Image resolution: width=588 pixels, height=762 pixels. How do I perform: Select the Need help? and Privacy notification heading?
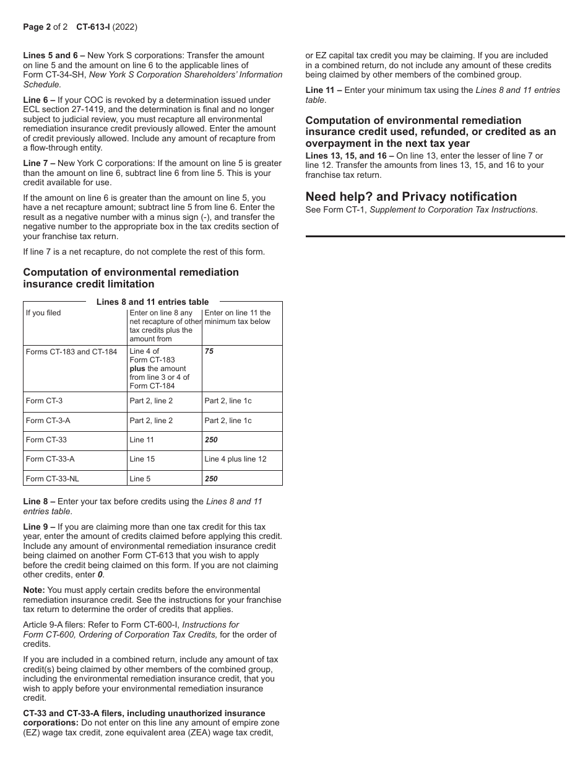(411, 196)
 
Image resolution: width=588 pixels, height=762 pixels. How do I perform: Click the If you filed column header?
(43, 313)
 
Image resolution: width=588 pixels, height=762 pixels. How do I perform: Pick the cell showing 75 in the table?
(209, 351)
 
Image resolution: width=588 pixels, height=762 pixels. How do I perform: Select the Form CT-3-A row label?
(48, 421)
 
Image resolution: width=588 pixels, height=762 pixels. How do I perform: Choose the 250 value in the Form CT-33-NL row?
(211, 479)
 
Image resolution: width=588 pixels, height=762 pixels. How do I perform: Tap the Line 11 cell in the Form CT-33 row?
(142, 440)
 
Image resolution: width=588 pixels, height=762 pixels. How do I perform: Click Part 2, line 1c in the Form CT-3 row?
(228, 401)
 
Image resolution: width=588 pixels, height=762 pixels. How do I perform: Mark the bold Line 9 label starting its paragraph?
(39, 527)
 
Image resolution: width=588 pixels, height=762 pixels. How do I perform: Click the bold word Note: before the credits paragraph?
(34, 590)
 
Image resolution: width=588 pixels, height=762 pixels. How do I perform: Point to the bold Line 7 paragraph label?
(39, 163)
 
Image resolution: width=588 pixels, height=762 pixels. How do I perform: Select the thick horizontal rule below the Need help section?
(435, 236)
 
